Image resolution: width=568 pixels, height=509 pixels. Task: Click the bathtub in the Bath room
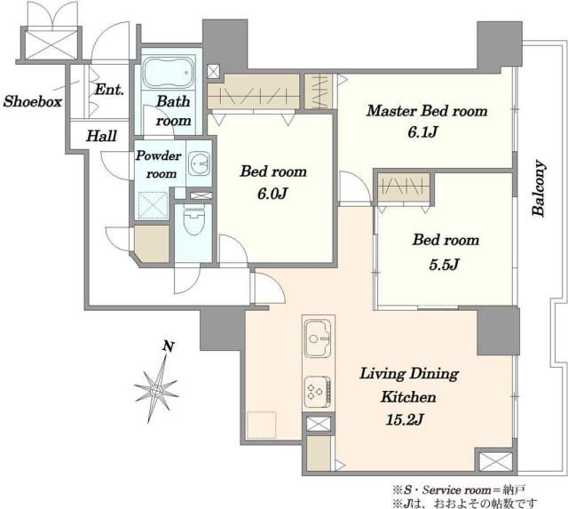point(167,72)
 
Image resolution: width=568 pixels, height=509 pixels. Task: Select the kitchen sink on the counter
point(318,338)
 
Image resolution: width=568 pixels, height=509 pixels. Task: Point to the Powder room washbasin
point(199,163)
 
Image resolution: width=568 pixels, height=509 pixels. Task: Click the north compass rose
point(156,389)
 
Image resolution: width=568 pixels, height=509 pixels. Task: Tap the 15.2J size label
point(405,420)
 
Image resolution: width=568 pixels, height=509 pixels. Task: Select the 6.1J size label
point(422,132)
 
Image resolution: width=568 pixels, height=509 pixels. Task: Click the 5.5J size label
point(444,265)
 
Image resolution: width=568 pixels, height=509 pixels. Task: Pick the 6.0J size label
point(272,195)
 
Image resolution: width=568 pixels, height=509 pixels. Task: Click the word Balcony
point(539,188)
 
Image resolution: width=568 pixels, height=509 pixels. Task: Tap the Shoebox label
point(33,101)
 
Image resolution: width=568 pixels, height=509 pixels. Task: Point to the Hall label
point(101,136)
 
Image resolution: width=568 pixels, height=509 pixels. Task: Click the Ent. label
point(109,89)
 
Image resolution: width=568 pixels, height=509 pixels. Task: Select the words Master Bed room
point(427,110)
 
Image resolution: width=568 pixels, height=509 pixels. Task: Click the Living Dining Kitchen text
point(409,385)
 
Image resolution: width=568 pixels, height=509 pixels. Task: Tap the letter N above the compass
point(168,346)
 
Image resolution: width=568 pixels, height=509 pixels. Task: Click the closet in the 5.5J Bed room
point(404,187)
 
